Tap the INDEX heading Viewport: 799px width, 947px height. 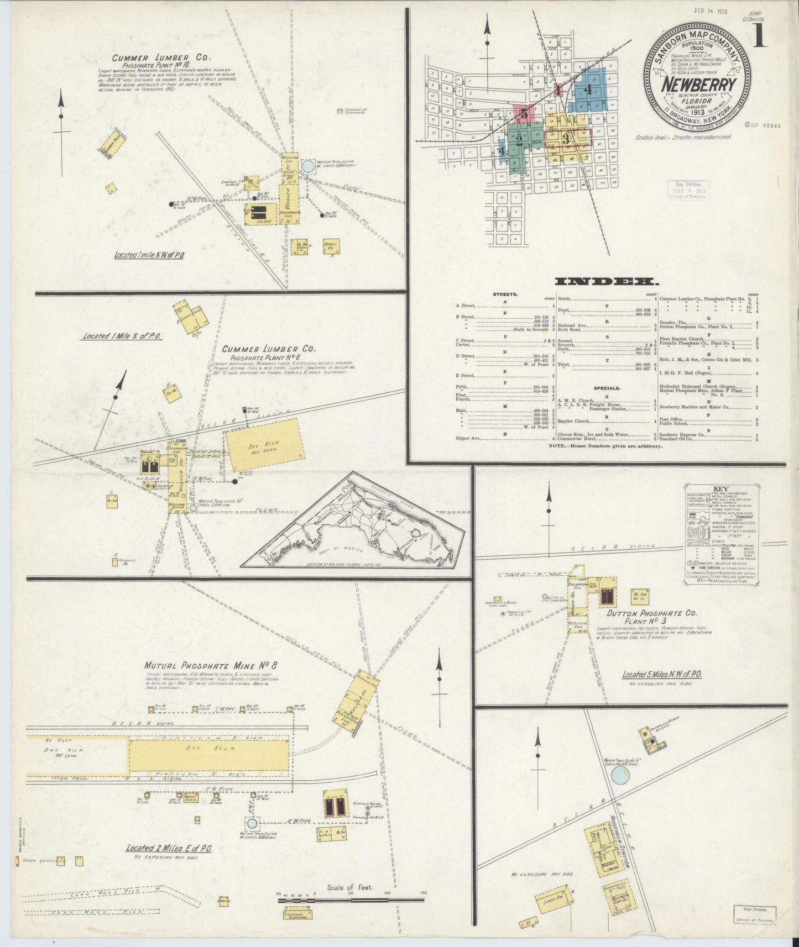[606, 282]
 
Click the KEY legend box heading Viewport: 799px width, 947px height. [720, 488]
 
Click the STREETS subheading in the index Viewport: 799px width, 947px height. [505, 294]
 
